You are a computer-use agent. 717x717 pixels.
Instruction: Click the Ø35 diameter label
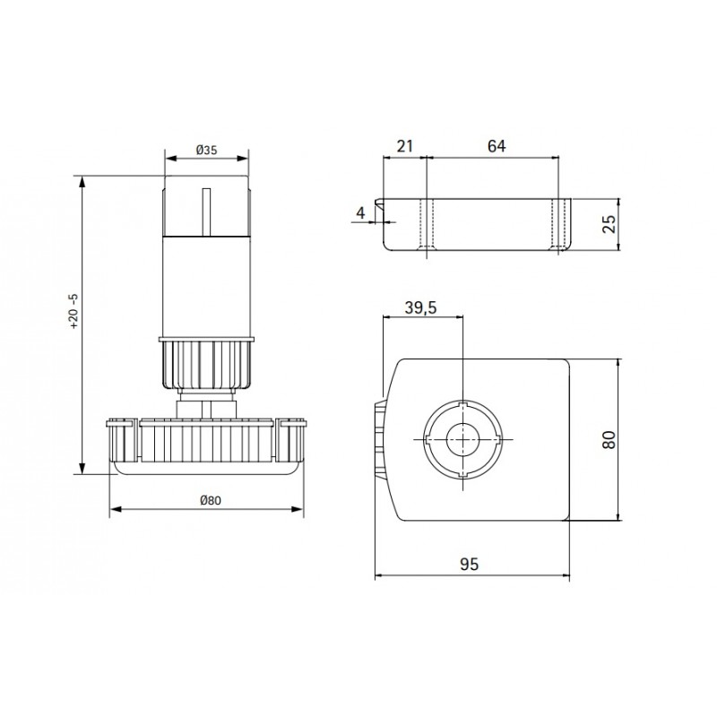[207, 150]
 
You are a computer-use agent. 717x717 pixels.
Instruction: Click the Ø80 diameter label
[211, 500]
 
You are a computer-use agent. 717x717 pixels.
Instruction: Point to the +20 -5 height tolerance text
[74, 312]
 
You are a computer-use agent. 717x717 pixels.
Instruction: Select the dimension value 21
[405, 146]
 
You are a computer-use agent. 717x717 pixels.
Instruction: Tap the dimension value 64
[497, 146]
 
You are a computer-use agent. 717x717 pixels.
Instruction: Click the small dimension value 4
[361, 213]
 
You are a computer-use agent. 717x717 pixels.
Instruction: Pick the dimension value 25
[609, 224]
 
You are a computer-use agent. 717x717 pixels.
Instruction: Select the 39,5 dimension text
[420, 307]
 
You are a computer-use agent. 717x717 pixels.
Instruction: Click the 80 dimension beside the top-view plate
[609, 439]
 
